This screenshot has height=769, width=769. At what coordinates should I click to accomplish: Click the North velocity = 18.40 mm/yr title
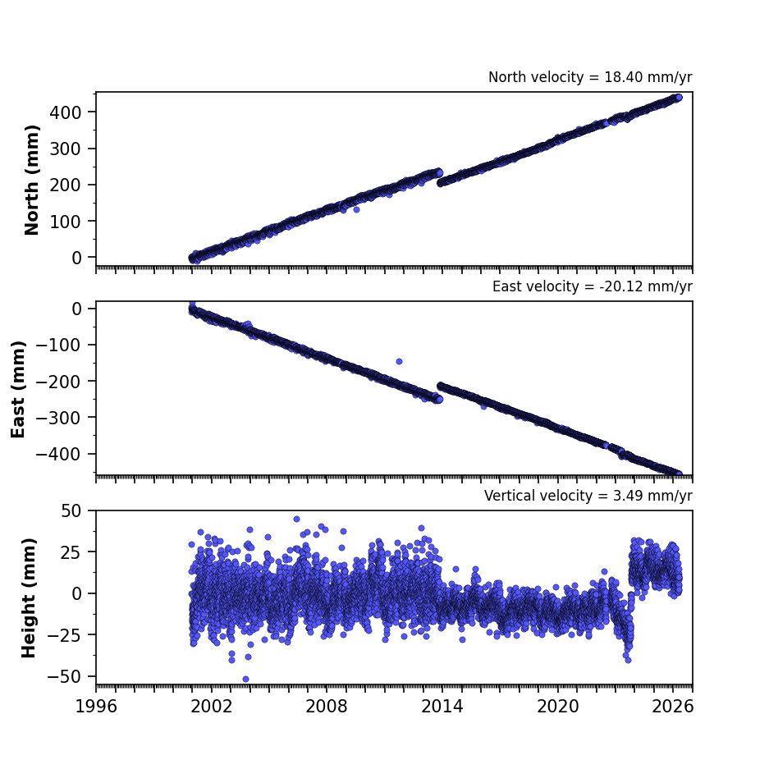point(590,77)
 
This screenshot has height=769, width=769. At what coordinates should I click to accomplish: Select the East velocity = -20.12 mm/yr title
point(593,286)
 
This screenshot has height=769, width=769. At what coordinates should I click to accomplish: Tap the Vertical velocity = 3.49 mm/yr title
point(588,496)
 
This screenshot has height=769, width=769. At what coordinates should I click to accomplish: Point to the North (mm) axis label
point(32,180)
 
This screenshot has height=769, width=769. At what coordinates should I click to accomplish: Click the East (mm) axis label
point(18,389)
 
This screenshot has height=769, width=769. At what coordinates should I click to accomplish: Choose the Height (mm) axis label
point(29,597)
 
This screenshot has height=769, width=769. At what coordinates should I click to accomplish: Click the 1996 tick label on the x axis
point(96,707)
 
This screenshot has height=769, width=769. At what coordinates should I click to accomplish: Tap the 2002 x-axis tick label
point(212,707)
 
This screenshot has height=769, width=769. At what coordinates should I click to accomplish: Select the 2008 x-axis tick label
point(327,707)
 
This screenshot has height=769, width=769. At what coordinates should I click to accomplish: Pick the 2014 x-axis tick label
point(442,707)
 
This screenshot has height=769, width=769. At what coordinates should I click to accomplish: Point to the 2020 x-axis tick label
point(557,707)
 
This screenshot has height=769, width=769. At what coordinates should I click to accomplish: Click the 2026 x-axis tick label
point(673,707)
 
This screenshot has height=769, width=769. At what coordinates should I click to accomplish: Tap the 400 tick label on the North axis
point(65,112)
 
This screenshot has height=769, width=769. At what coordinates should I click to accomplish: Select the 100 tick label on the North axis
point(65,222)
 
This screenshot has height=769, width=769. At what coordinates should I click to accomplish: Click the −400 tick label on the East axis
point(58,454)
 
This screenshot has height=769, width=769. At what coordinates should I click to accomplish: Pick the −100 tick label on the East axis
point(58,346)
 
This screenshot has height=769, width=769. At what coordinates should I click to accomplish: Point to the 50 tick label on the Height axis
point(71,511)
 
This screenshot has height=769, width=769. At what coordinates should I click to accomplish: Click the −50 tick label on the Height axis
point(64,677)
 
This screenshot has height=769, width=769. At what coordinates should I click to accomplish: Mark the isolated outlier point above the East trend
point(399,361)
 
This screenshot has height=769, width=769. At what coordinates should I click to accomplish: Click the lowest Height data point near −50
point(245,680)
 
